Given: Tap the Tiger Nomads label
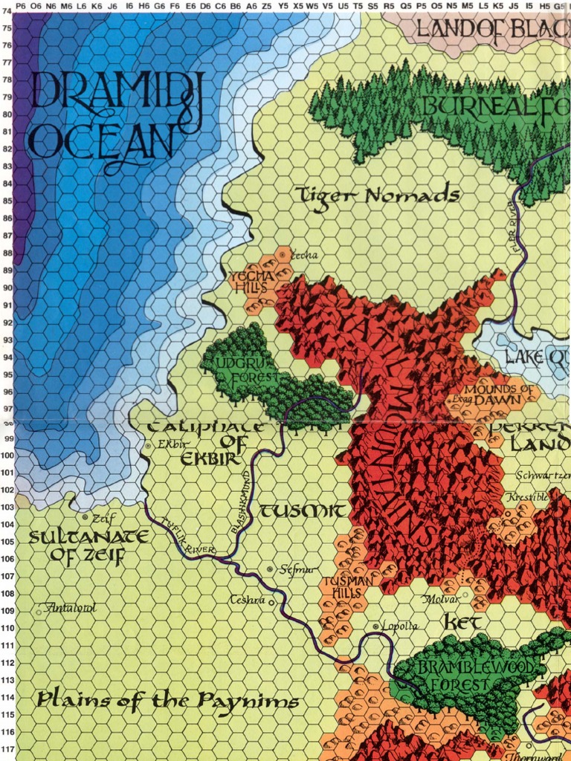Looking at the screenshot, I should point(378,196).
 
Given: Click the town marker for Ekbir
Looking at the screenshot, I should point(149,446).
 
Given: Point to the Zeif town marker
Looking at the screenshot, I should point(86,516).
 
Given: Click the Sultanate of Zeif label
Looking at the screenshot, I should point(77,546).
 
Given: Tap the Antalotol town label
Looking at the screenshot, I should point(71,608).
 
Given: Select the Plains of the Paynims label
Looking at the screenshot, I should point(167,700).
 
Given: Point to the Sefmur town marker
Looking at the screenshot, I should point(270,569).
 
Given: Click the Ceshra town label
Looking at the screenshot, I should point(247,600).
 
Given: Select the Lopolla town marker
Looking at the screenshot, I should point(375,626).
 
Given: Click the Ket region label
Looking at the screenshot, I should point(463,621).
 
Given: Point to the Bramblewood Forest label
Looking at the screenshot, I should point(474,675).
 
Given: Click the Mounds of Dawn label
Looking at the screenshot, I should point(498,394).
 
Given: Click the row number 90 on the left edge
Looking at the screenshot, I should point(7,289).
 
